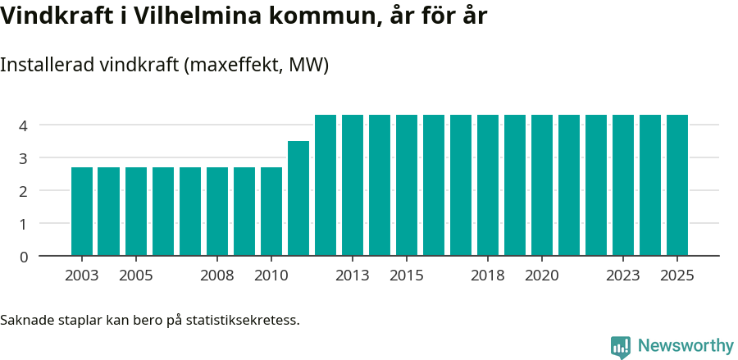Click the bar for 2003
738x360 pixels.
[82, 212]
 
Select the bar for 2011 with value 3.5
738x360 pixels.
[298, 198]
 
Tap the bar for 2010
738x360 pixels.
[271, 212]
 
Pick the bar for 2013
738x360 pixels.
[353, 185]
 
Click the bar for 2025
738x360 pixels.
[677, 185]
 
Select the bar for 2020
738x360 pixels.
[542, 185]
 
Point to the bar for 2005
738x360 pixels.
[136, 212]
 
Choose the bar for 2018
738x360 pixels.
[488, 185]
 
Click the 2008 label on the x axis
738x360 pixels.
[217, 276]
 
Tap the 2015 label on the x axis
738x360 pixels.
[407, 276]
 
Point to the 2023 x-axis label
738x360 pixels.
[623, 276]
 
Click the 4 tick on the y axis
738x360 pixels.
[24, 125]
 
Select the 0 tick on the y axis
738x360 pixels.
[24, 257]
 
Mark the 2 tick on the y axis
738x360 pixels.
[24, 191]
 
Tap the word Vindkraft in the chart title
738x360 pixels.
[52, 16]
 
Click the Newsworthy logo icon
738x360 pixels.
[621, 347]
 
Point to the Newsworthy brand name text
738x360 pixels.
[686, 346]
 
